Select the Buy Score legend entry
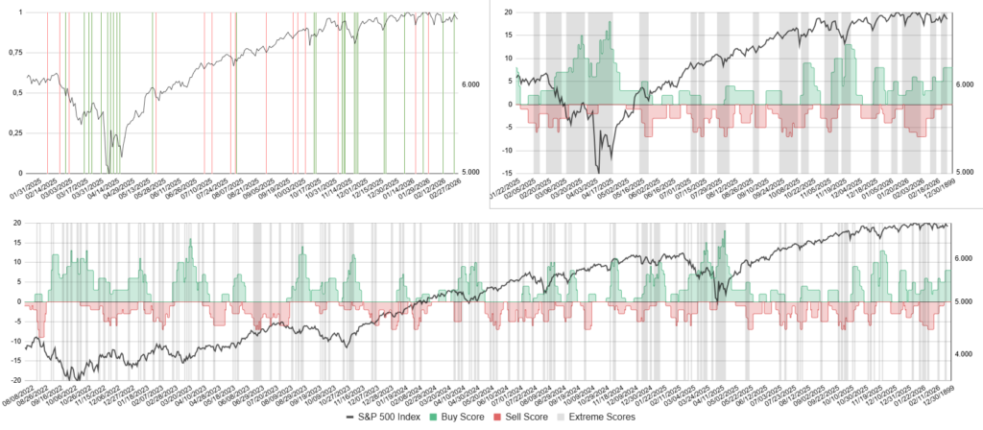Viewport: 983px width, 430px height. (x=471, y=417)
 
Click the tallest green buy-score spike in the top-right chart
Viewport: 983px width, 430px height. (x=610, y=24)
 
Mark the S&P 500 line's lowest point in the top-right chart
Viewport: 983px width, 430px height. (x=598, y=171)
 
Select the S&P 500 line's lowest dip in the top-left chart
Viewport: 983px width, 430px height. (x=108, y=171)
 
